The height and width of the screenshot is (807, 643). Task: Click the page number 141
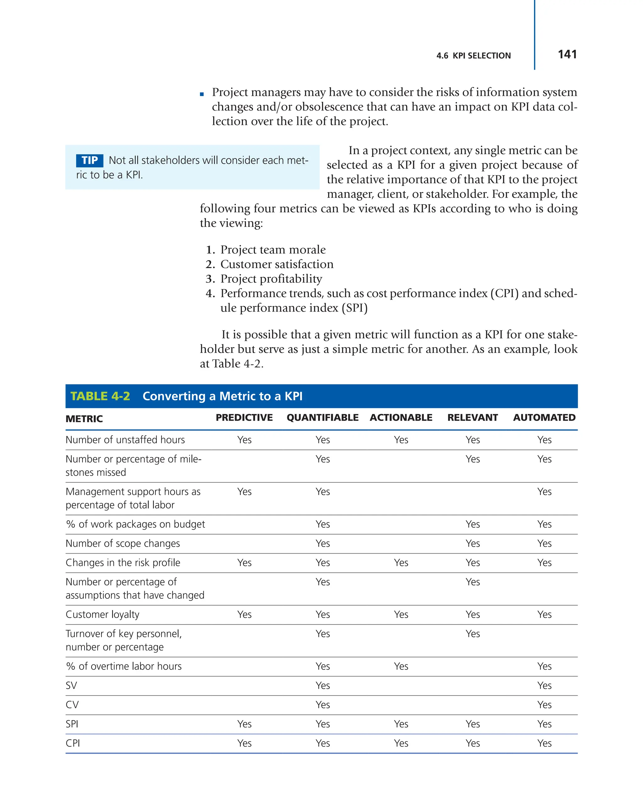[x=567, y=55]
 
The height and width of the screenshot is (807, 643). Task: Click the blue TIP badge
[x=89, y=160]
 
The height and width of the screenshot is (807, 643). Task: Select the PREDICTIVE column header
[x=244, y=417]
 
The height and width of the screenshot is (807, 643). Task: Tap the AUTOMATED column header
[x=544, y=417]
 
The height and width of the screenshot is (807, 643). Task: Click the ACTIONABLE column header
[x=401, y=417]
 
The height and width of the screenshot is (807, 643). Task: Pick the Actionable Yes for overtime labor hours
[x=401, y=666]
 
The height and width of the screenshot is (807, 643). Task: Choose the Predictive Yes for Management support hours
[x=244, y=492]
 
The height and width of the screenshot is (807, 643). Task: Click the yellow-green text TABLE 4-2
[x=100, y=396]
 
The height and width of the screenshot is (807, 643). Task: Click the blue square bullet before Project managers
[x=202, y=94]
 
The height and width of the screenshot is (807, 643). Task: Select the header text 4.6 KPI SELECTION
[x=473, y=56]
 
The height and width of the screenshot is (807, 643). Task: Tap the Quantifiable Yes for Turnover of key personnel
[x=322, y=634]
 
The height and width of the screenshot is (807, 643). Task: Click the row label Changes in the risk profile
[x=123, y=563]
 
